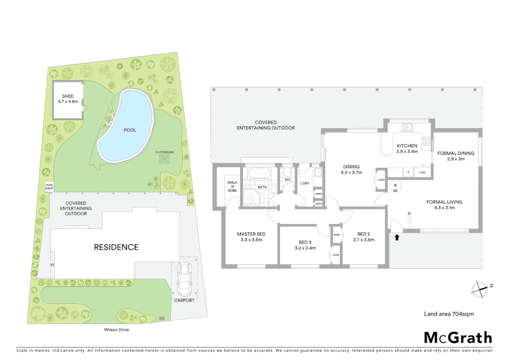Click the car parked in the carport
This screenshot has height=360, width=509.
click(x=184, y=279)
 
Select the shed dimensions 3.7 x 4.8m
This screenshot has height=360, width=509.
click(x=68, y=102)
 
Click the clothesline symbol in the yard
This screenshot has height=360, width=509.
click(x=165, y=159)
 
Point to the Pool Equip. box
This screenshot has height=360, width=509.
click(x=49, y=187)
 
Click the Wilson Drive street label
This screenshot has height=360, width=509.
click(x=116, y=330)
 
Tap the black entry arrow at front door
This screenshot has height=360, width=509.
click(x=397, y=238)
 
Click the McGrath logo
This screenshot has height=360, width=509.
click(x=458, y=338)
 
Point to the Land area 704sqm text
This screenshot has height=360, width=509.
click(x=448, y=314)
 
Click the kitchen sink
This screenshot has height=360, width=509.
click(x=407, y=127)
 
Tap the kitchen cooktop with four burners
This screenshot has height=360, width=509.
click(x=426, y=141)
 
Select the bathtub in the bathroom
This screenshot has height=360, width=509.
click(x=259, y=173)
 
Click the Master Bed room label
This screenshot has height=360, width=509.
click(x=251, y=234)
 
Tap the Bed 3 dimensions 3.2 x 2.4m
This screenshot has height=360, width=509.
click(x=305, y=248)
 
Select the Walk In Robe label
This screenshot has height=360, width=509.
click(x=233, y=187)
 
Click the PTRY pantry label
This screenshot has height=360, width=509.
click(x=422, y=173)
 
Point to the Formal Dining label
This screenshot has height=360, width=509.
click(x=456, y=153)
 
